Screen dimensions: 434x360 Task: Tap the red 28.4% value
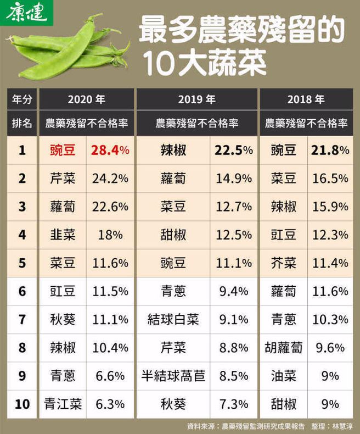click(110, 150)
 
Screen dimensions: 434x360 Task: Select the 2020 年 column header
click(86, 99)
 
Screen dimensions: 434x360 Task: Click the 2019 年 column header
click(196, 99)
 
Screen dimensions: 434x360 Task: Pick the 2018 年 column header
click(305, 99)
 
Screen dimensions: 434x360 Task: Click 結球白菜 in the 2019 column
click(173, 319)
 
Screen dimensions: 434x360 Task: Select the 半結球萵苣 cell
click(173, 376)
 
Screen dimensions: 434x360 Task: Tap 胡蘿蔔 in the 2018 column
click(283, 348)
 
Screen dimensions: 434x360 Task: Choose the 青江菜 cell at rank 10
click(63, 404)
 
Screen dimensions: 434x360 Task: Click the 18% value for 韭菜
click(110, 235)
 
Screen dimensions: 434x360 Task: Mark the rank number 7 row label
click(22, 319)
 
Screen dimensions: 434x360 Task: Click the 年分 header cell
click(22, 99)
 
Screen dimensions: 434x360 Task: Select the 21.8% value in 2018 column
click(329, 150)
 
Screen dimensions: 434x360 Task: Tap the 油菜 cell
click(283, 376)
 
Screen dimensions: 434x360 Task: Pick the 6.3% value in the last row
click(110, 404)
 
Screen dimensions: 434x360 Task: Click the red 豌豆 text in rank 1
click(63, 150)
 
